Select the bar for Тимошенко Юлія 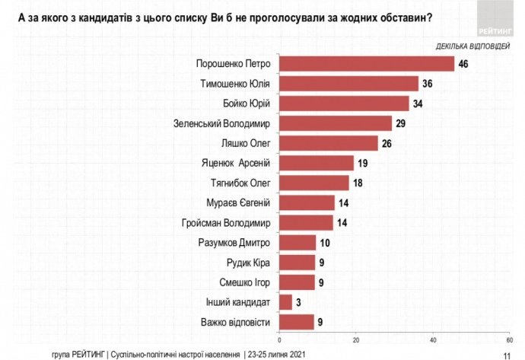tap(348, 83)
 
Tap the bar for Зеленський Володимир tap(336, 123)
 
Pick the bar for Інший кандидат tap(285, 301)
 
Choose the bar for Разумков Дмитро tap(297, 242)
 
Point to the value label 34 tap(418, 103)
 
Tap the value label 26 tap(387, 142)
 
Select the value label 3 tap(298, 301)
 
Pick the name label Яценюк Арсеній tap(240, 162)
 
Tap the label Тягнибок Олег tap(241, 183)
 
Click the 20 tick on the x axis tap(356, 339)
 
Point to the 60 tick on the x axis tap(509, 339)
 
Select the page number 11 tap(508, 354)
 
